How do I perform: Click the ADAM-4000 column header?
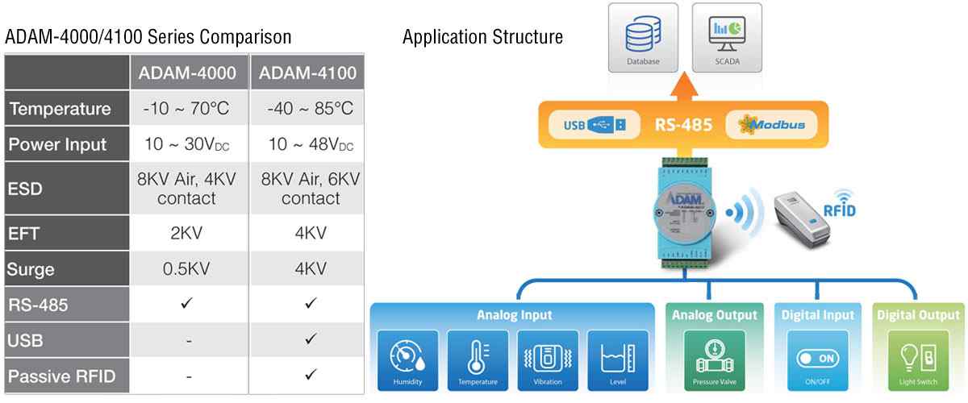[188, 73]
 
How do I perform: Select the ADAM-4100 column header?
[308, 73]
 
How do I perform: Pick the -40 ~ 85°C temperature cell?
[308, 109]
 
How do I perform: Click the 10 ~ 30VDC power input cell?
[188, 145]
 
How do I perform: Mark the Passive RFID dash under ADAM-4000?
[188, 376]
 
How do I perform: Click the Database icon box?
[643, 38]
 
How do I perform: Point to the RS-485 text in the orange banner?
[678, 126]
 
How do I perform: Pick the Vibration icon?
[548, 359]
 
